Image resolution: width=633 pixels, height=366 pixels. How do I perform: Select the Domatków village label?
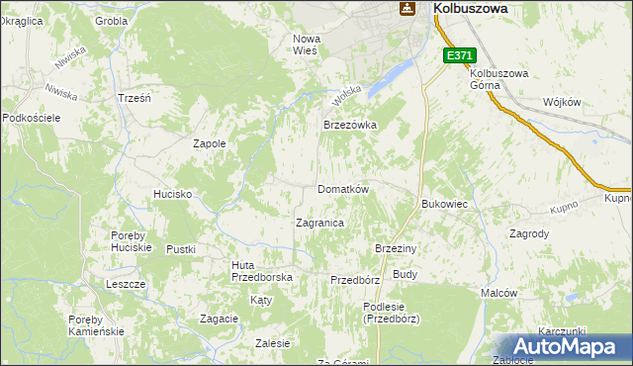[342, 189]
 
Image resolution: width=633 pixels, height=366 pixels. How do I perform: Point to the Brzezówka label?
[351, 126]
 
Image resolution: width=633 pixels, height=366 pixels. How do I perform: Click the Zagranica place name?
[319, 224]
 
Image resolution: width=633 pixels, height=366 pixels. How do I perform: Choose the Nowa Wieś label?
[305, 45]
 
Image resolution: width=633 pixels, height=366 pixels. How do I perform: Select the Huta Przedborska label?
[261, 271]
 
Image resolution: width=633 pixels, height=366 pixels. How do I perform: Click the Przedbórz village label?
[355, 280]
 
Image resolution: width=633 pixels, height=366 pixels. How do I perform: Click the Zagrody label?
[529, 234]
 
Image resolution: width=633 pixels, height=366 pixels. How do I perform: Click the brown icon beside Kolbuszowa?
[406, 8]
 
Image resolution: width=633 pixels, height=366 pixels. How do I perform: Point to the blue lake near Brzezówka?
[390, 80]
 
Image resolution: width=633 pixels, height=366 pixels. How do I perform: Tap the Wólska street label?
[344, 95]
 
